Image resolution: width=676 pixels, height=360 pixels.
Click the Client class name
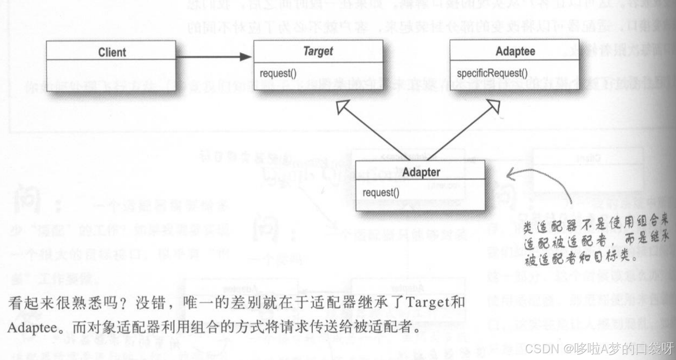112,52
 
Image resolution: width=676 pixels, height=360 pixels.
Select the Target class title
318,51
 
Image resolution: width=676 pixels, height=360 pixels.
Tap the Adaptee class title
515,51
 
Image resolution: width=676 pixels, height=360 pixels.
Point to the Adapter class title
421,172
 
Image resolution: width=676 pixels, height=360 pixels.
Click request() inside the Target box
278,73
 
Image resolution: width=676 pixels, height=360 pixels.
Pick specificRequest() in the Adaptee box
492,73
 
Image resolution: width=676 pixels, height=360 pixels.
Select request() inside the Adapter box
381,193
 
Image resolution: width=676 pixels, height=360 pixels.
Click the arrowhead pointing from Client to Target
246,57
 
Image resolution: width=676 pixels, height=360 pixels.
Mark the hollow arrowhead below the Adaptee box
494,105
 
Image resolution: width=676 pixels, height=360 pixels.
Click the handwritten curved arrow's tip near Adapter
509,175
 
